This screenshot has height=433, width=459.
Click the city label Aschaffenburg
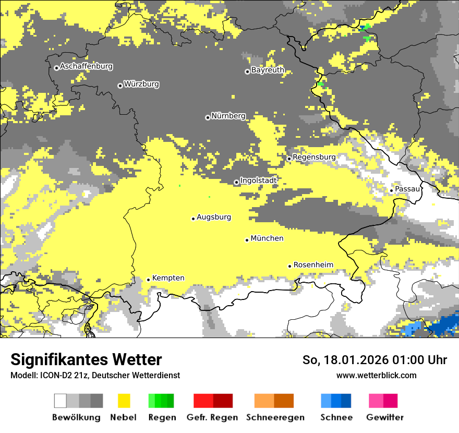click(86, 67)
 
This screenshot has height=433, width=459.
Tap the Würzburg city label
click(141, 85)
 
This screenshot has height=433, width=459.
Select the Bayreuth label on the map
click(268, 70)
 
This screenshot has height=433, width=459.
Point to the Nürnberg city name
click(228, 116)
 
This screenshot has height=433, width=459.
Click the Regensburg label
click(314, 157)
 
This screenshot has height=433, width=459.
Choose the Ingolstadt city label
click(259, 181)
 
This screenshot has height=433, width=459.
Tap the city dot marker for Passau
click(391, 190)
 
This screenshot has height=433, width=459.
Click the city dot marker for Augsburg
click(193, 219)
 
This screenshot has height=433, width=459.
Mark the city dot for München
click(247, 240)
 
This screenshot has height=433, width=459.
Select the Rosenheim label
click(313, 265)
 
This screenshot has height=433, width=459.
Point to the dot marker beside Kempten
click(148, 280)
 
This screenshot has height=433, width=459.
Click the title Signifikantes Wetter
click(86, 360)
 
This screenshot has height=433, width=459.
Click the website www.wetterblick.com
click(376, 376)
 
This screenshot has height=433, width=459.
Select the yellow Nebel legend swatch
click(124, 401)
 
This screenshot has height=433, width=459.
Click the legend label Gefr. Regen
click(212, 418)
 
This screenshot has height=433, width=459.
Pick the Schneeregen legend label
click(275, 418)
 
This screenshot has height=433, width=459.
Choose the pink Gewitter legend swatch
click(383, 401)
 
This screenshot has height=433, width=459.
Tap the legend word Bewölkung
click(76, 418)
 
